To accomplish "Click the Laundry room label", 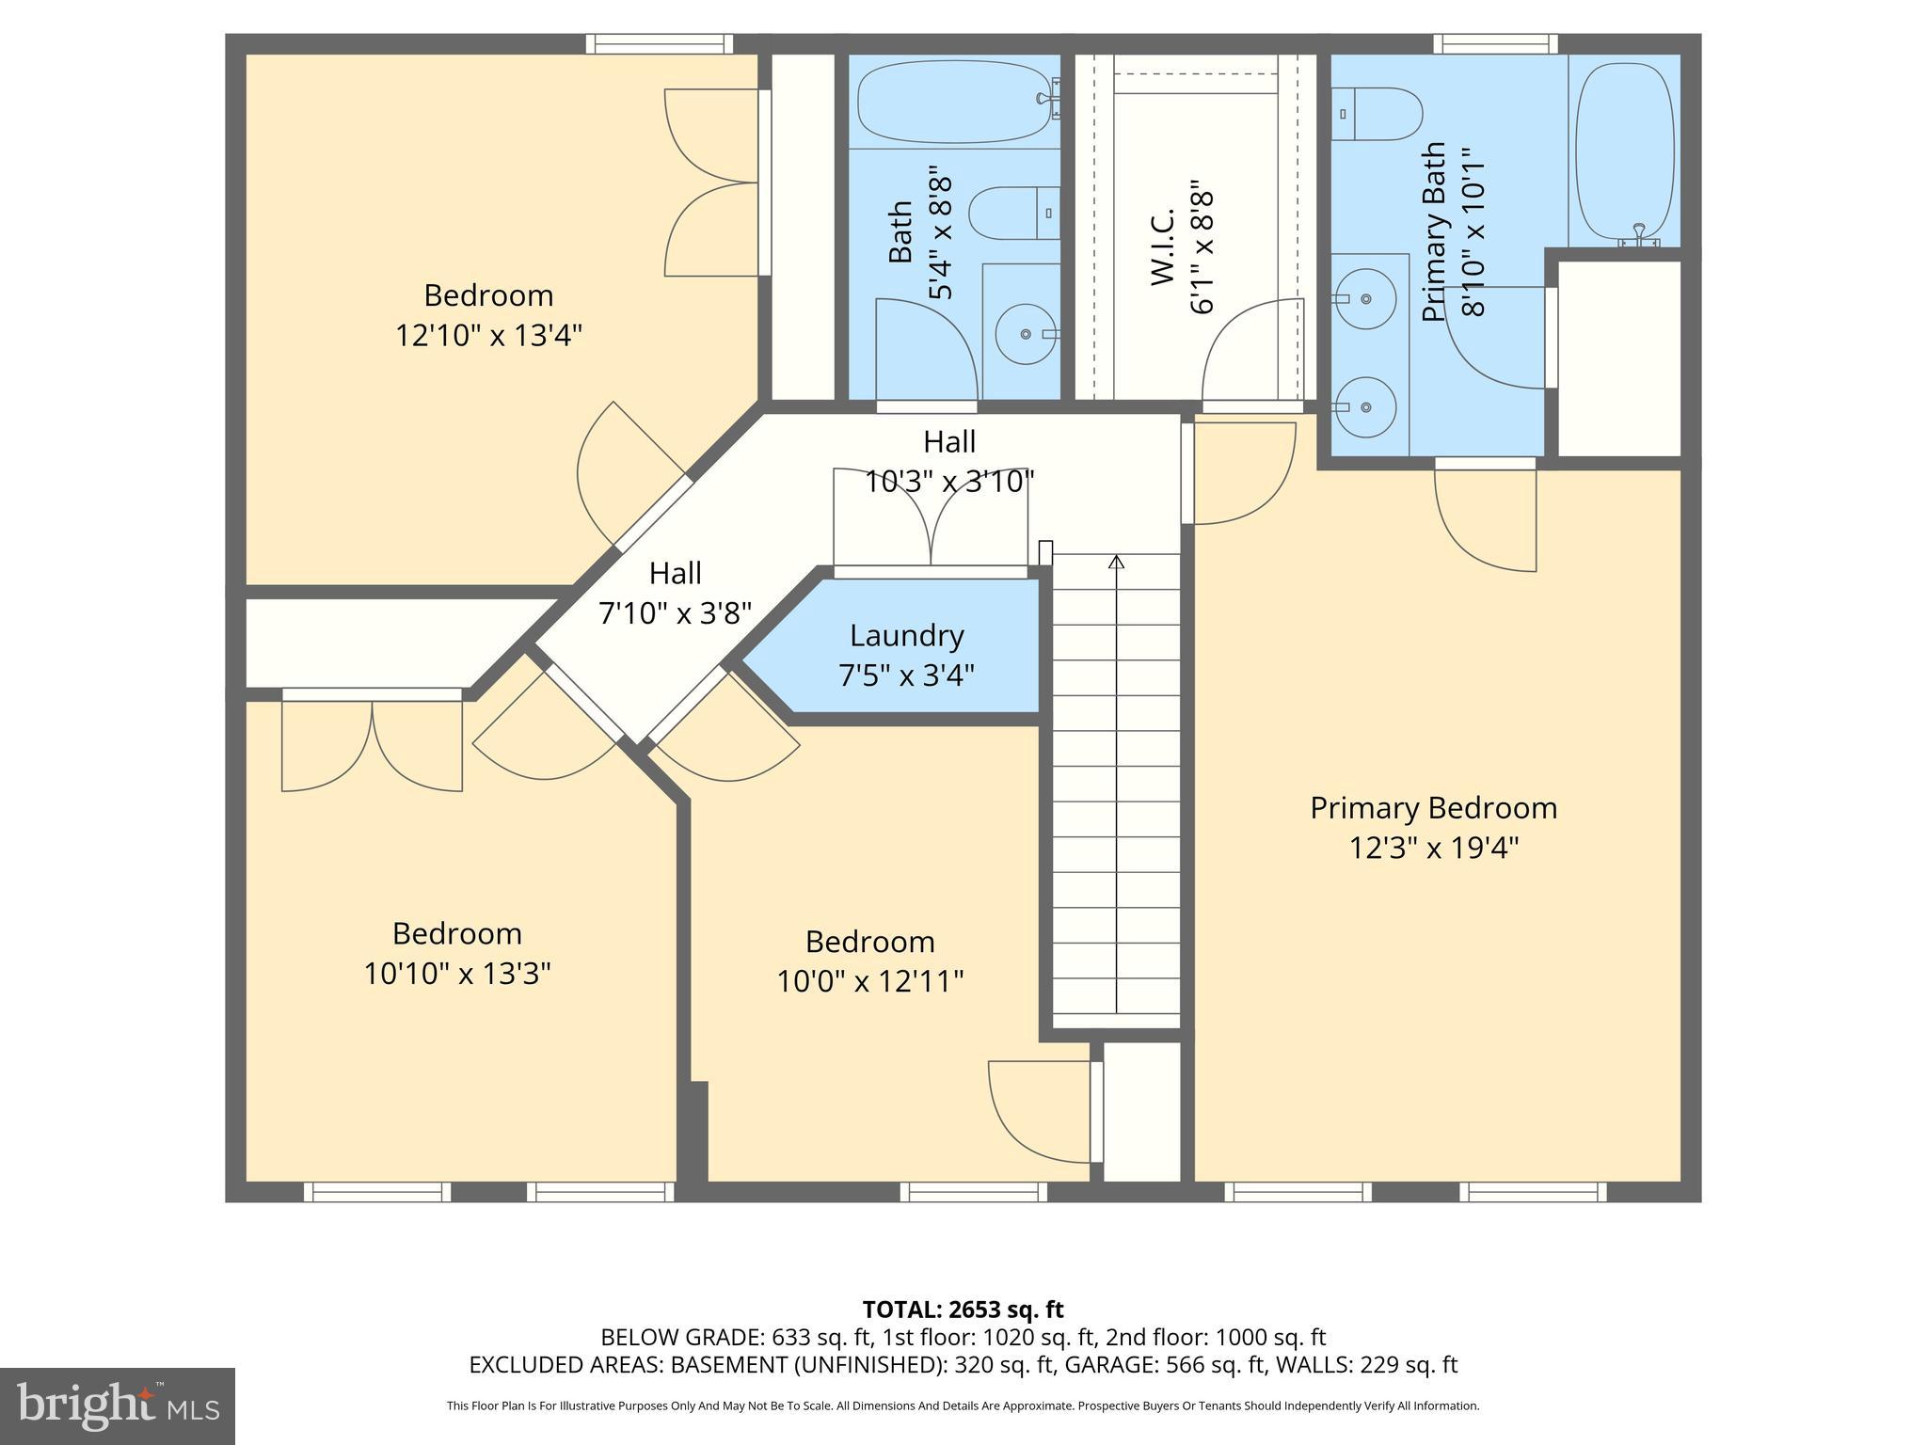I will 906,636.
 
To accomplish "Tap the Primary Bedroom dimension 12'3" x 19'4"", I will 1433,849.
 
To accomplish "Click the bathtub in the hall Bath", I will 953,101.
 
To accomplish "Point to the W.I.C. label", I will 1163,246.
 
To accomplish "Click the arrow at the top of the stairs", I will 1116,562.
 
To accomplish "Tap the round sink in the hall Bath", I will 1026,333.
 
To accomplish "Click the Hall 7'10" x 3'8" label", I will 675,594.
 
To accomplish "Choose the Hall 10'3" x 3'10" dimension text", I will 948,482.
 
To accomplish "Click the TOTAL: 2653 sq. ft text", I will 963,1310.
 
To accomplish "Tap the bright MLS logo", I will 117,1405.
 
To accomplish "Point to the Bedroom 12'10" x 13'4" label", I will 488,315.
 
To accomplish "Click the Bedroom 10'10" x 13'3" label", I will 457,953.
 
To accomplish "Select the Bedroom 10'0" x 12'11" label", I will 869,961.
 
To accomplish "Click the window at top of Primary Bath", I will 1495,43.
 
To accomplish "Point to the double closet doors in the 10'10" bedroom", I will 372,743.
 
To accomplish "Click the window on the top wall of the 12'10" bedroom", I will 659,43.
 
